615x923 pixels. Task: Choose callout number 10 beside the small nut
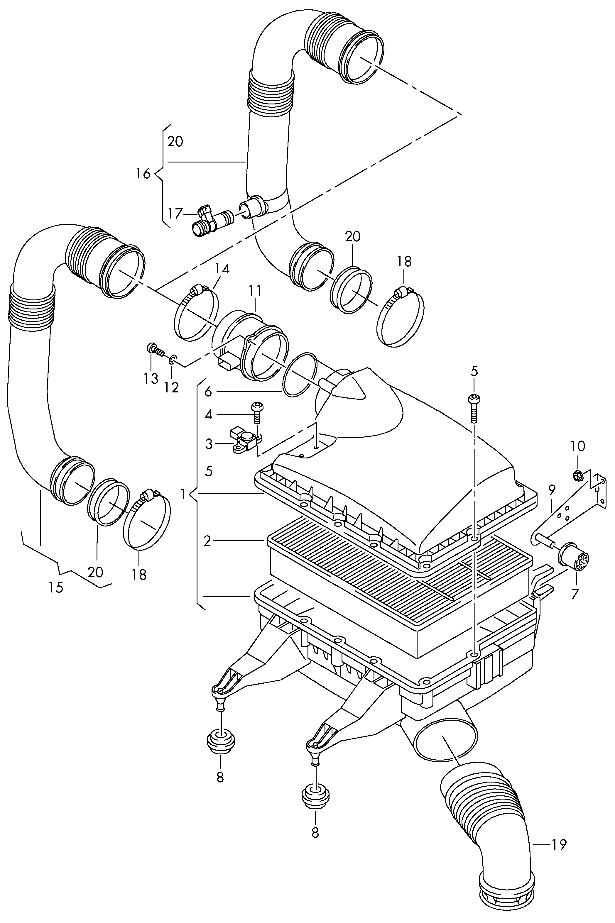pos(578,446)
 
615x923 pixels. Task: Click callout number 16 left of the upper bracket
pos(143,173)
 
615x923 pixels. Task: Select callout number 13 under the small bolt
pos(151,378)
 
